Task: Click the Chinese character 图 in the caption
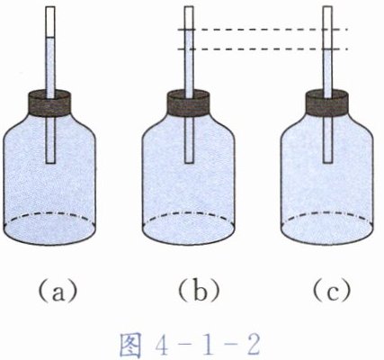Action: coord(130,346)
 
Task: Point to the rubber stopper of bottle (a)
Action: coord(50,103)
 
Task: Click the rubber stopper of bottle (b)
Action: coord(188,103)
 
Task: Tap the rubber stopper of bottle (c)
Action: coord(327,103)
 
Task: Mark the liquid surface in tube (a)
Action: coord(50,38)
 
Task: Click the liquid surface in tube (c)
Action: coord(327,49)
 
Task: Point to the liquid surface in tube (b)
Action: coord(189,30)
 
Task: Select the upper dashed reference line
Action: coord(263,30)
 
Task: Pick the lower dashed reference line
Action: coord(263,49)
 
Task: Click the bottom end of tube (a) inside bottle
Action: coord(50,163)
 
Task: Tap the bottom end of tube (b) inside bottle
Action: coord(189,163)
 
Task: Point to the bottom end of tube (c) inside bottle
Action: coord(327,163)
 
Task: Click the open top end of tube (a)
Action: coord(50,7)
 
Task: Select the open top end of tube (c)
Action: coord(327,7)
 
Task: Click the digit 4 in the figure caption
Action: coord(163,346)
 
